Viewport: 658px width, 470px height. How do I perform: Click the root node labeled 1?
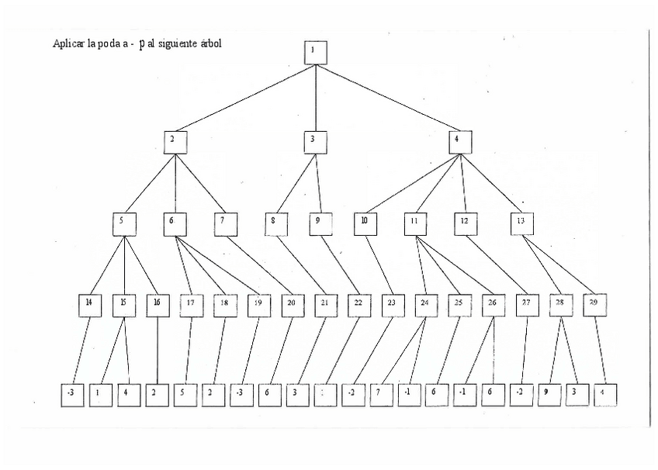[315, 52]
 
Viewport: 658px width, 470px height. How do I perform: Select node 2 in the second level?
[175, 142]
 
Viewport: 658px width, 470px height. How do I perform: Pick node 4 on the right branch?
[459, 142]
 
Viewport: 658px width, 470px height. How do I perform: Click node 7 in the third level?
[225, 223]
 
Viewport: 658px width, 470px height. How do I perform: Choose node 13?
[521, 223]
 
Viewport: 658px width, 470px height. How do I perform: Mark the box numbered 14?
[90, 304]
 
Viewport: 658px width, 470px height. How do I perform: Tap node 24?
[426, 304]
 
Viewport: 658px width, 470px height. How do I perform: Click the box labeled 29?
[594, 304]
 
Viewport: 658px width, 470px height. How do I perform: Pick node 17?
[192, 304]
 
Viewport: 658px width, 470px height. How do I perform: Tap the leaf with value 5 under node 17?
[184, 395]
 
